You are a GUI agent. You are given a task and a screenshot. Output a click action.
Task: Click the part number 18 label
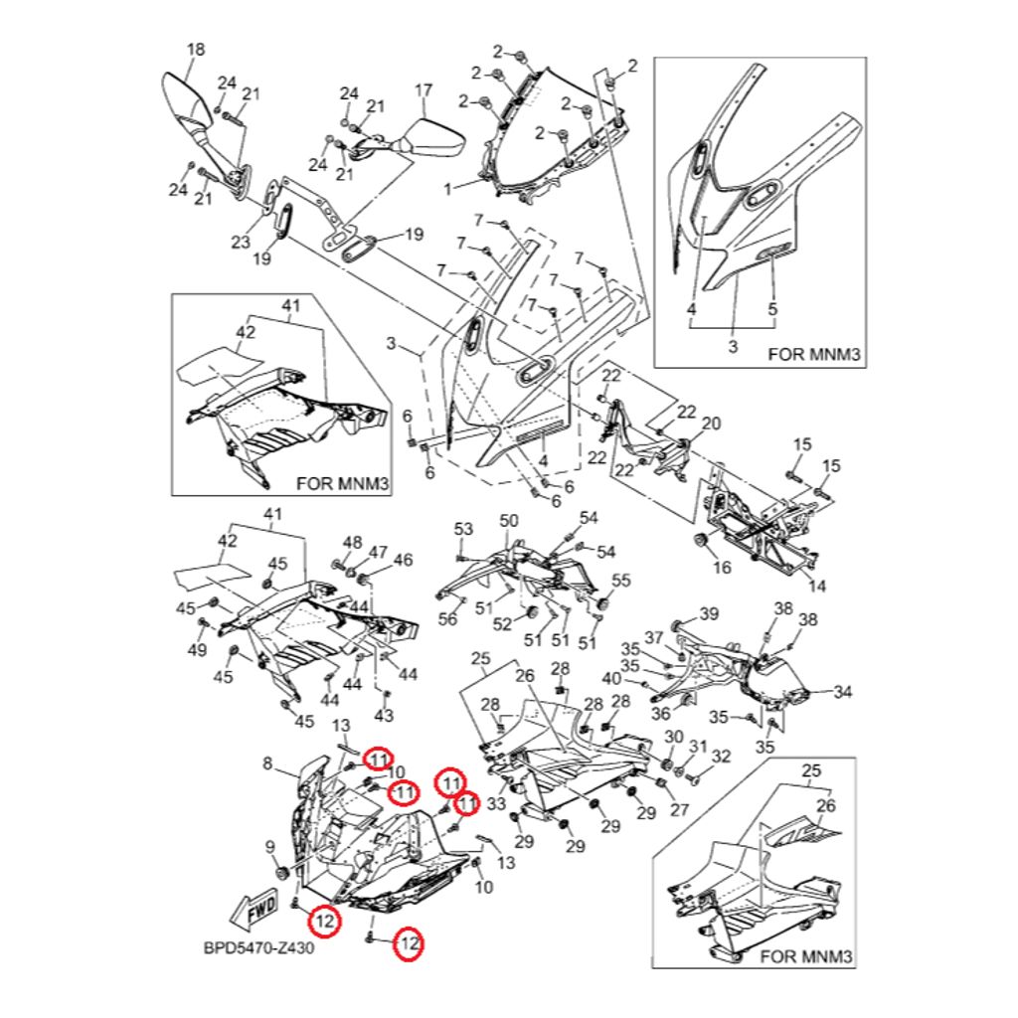coord(196,50)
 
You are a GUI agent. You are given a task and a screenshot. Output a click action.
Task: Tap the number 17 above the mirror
coord(424,90)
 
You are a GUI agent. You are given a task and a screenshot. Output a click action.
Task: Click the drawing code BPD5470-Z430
coord(258,948)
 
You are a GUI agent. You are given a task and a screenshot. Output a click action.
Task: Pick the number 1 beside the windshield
coord(448,188)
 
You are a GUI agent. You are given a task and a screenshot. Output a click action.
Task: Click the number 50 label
coord(509,521)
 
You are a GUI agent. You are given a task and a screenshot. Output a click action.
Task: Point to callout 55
coord(621,580)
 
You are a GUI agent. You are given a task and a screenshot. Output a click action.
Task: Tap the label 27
coord(679,810)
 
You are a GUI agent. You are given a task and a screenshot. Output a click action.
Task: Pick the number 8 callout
coord(267,763)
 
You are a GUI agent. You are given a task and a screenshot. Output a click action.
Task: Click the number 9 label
coord(267,846)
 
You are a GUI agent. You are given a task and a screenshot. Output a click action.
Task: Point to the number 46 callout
coord(403,561)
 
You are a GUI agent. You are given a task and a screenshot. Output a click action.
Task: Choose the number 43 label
coord(385,716)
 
